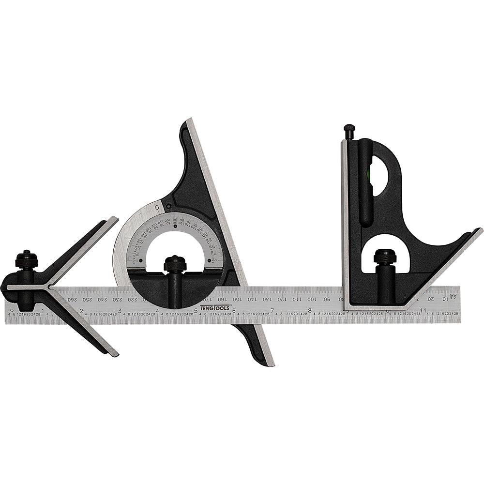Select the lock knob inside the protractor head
[x=175, y=264]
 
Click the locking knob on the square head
[x=384, y=256]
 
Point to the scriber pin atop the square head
[x=349, y=130]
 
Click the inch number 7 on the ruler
[x=272, y=310]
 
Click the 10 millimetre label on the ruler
[x=444, y=299]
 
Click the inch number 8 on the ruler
[x=310, y=310]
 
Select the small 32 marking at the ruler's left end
[x=11, y=305]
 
